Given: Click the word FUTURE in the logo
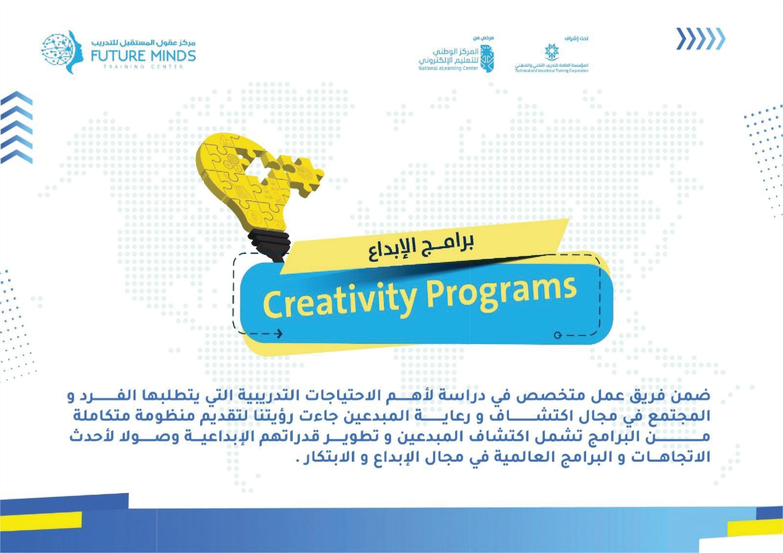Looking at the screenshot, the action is (x=118, y=56).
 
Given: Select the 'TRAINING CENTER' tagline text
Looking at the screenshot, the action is (x=143, y=67).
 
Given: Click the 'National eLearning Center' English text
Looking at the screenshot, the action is (x=448, y=69).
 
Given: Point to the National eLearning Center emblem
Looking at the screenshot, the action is (x=487, y=59).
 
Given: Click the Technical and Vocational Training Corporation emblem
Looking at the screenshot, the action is (x=552, y=52).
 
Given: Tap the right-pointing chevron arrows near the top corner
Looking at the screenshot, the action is (x=700, y=39).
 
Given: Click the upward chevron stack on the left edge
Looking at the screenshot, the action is (x=17, y=127).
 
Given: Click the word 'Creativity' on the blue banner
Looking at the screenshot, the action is (x=340, y=301).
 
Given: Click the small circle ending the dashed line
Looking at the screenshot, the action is (x=557, y=336).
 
